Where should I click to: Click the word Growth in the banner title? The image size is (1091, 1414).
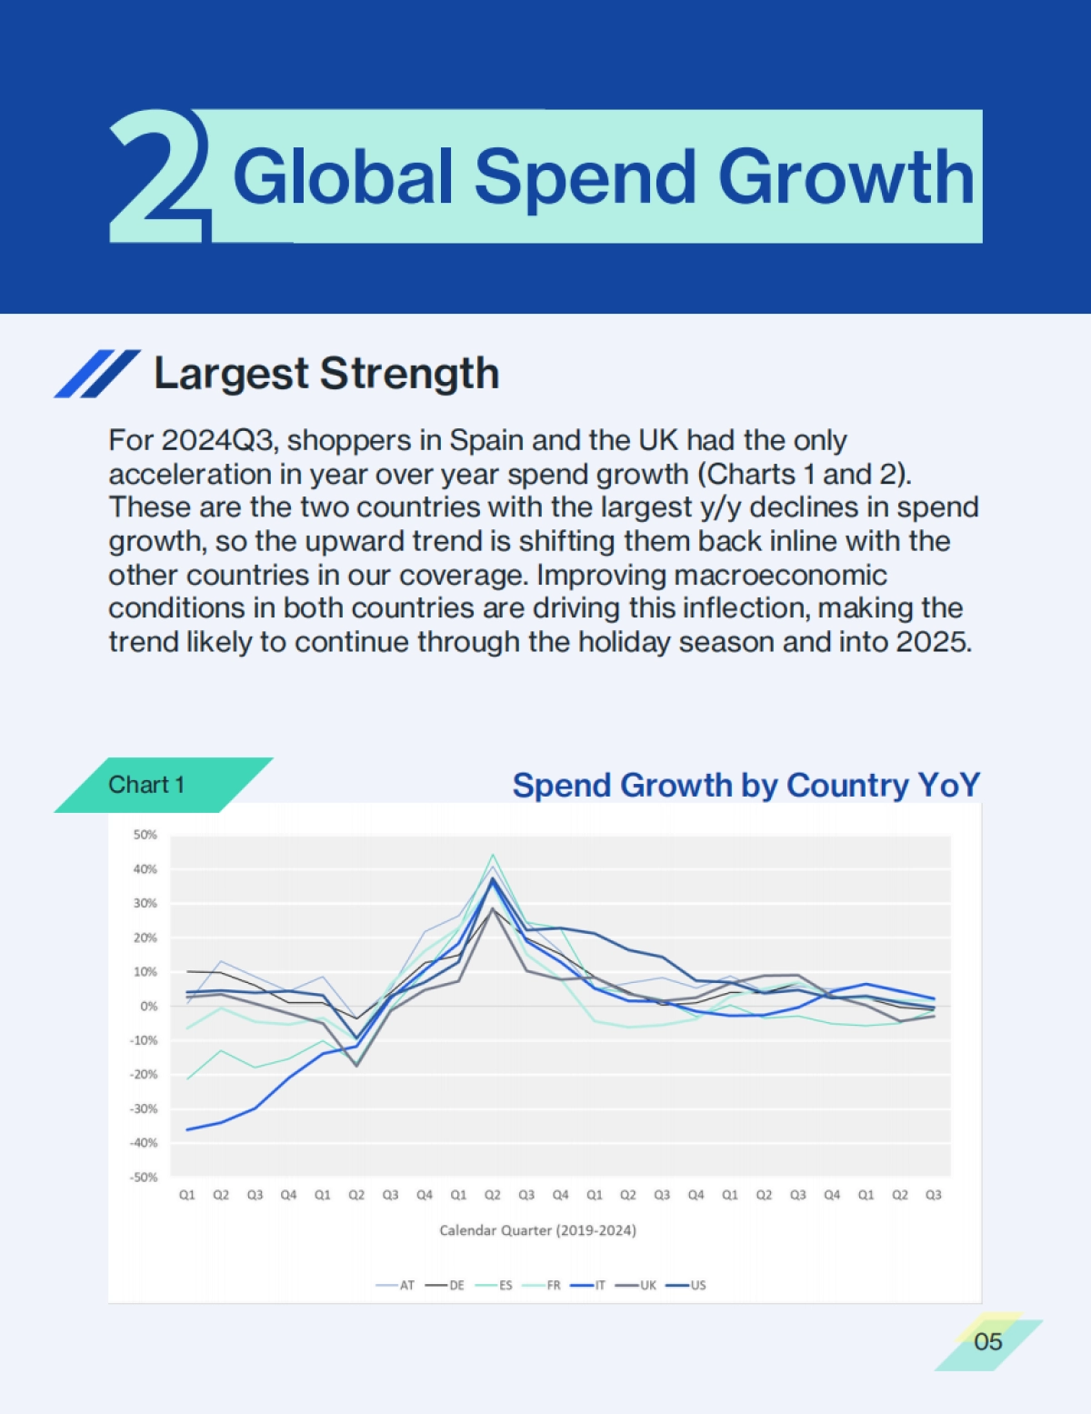click(846, 177)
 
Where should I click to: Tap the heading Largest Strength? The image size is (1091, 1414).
click(326, 374)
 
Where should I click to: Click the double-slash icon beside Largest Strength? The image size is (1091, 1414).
click(97, 374)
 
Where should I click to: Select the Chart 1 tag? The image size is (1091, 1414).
click(147, 785)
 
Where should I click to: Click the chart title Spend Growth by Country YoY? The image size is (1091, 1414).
click(746, 785)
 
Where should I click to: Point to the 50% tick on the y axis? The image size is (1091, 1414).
click(145, 835)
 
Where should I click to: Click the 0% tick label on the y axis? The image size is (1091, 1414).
click(148, 1006)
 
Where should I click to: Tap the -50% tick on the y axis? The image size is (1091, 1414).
click(144, 1177)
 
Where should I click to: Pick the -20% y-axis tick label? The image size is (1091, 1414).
click(144, 1074)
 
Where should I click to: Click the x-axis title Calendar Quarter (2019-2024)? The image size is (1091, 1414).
click(537, 1230)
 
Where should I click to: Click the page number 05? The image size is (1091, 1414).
click(987, 1341)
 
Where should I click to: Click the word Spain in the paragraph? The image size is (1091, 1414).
click(486, 440)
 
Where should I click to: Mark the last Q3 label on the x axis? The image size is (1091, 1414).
click(933, 1195)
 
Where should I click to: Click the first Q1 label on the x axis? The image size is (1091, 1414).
click(187, 1195)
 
